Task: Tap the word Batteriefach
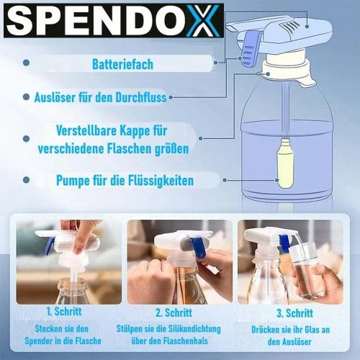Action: click(122, 64)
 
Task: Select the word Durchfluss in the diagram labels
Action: click(141, 97)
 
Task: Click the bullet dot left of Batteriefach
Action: click(27, 63)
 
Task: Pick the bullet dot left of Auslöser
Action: click(27, 97)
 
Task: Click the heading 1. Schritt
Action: click(64, 312)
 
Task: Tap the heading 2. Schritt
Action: click(174, 312)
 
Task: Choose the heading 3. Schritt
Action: click(294, 313)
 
